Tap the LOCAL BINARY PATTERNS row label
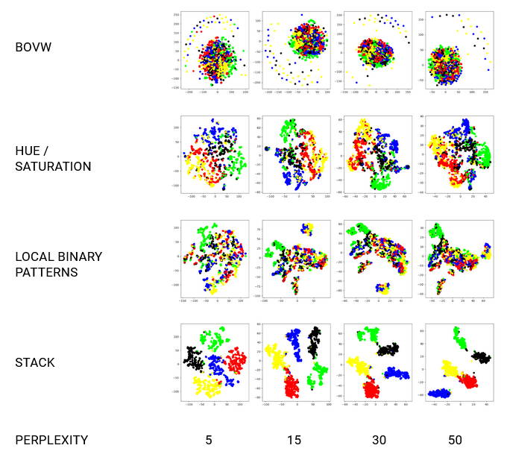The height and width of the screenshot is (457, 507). (x=58, y=265)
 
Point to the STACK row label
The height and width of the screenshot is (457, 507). (x=35, y=363)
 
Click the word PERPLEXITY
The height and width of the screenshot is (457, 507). (x=51, y=440)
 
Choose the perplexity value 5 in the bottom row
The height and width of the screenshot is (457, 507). (x=209, y=440)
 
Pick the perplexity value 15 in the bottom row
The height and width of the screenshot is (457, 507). (x=294, y=440)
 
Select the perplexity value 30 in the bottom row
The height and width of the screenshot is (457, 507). (x=379, y=440)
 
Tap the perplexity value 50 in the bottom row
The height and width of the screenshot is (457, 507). (x=455, y=440)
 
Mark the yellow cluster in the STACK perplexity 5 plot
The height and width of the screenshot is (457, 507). (x=207, y=386)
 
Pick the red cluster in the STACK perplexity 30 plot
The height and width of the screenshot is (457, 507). (x=371, y=388)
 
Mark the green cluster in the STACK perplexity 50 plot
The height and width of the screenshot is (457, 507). (x=461, y=341)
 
